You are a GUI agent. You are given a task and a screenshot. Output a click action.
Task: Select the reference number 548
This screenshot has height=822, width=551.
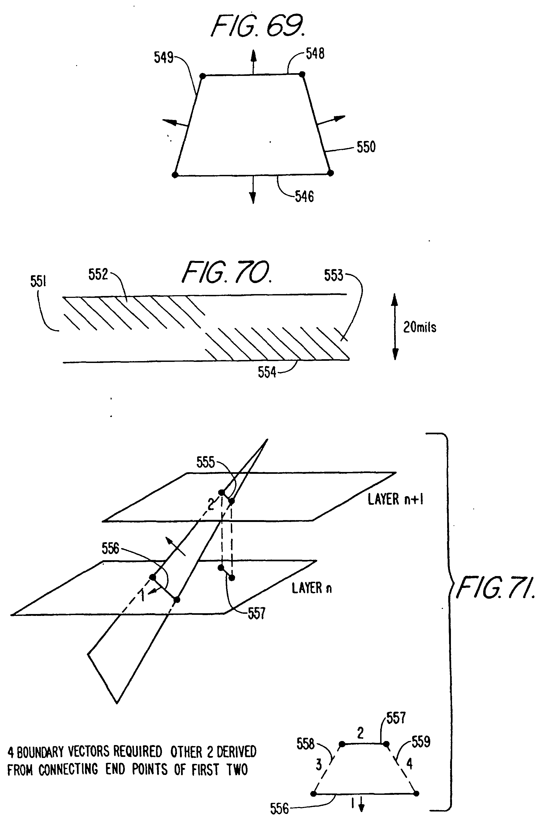click(315, 54)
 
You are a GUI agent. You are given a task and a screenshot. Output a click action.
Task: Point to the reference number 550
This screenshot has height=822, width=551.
click(366, 147)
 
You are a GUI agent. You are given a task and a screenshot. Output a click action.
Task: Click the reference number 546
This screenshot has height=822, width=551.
click(304, 197)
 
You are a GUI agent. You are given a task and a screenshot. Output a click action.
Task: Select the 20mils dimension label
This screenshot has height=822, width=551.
click(420, 327)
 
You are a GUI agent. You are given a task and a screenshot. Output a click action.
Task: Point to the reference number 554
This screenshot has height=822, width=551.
click(267, 372)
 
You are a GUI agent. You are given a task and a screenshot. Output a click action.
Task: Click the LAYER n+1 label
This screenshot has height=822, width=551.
click(395, 499)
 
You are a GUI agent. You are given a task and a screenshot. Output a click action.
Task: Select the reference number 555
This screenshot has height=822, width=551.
click(206, 463)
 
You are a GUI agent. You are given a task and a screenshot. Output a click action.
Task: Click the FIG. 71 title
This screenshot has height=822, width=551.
click(496, 588)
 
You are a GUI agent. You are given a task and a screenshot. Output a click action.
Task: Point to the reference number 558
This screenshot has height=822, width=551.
click(305, 744)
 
